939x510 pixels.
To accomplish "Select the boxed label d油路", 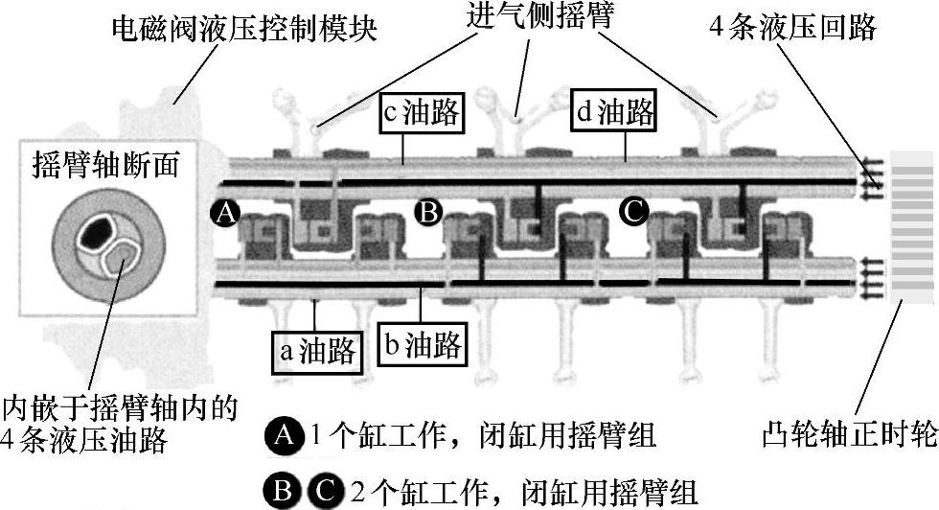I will coord(614,113).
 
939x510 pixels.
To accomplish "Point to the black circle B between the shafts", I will coord(428,211).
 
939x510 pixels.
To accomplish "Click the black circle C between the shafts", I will coord(634,210).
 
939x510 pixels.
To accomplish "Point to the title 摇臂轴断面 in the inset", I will coord(105,164).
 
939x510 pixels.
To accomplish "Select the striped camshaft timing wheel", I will coord(912,228).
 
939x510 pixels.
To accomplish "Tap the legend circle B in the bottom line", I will coord(284,493).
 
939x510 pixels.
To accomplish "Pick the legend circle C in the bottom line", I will coord(323,493).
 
